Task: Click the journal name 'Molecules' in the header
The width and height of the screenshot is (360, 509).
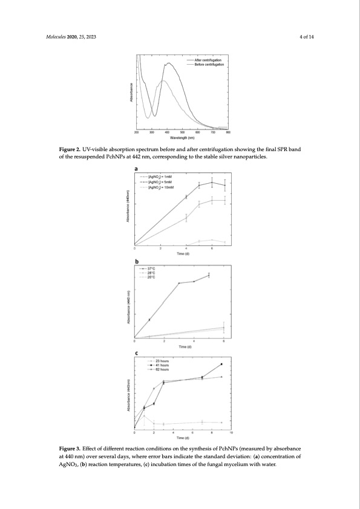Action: click(56, 37)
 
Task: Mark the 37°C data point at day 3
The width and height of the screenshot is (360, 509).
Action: click(179, 283)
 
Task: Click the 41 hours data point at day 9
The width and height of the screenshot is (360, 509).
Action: click(221, 364)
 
